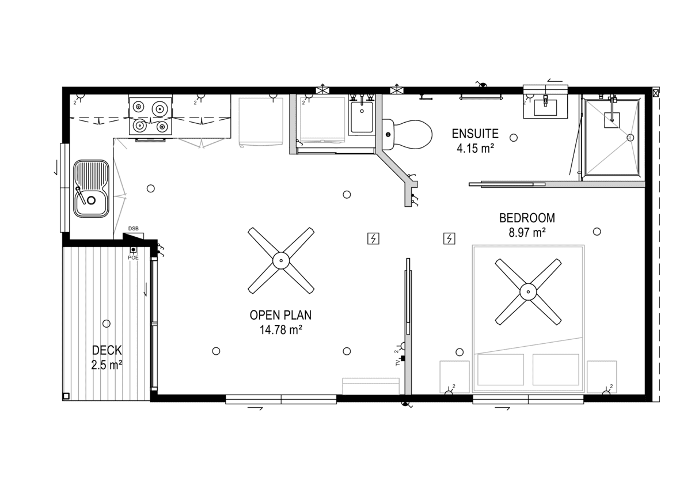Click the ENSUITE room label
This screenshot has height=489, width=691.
click(474, 134)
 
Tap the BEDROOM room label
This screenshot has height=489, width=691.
click(527, 218)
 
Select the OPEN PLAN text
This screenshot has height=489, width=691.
click(280, 315)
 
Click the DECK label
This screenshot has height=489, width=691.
click(107, 350)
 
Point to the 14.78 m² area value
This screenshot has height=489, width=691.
click(280, 330)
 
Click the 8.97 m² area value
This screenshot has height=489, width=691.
click(527, 233)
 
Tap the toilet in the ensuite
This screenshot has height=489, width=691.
click(407, 135)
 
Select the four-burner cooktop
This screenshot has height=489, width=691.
click(150, 116)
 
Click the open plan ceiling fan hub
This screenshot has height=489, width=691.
click(281, 261)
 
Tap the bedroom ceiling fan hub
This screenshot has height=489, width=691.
click(528, 292)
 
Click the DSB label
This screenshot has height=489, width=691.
click(133, 229)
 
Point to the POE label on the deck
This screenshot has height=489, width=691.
click(133, 257)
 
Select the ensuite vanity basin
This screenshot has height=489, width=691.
click(545, 107)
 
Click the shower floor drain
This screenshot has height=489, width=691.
click(631, 138)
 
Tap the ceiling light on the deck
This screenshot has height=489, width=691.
click(107, 324)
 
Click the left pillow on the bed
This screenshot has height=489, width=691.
click(500, 369)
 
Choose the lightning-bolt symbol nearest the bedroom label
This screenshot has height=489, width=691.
click(449, 238)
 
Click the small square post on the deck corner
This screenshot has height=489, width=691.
click(66, 396)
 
